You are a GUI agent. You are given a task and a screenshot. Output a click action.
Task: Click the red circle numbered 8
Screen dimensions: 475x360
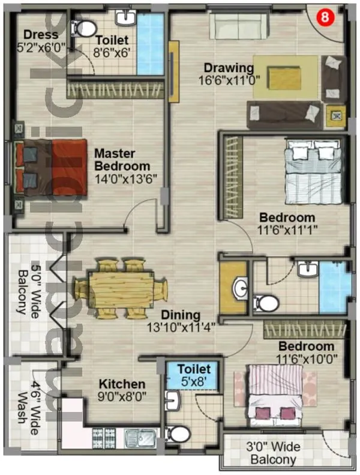coord(324,17)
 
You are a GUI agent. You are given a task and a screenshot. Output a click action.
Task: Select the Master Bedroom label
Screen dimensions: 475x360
coord(122,160)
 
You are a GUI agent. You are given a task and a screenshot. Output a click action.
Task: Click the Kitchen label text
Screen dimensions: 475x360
coord(122,384)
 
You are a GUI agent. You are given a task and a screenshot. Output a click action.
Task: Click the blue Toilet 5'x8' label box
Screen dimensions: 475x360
coord(193,374)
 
